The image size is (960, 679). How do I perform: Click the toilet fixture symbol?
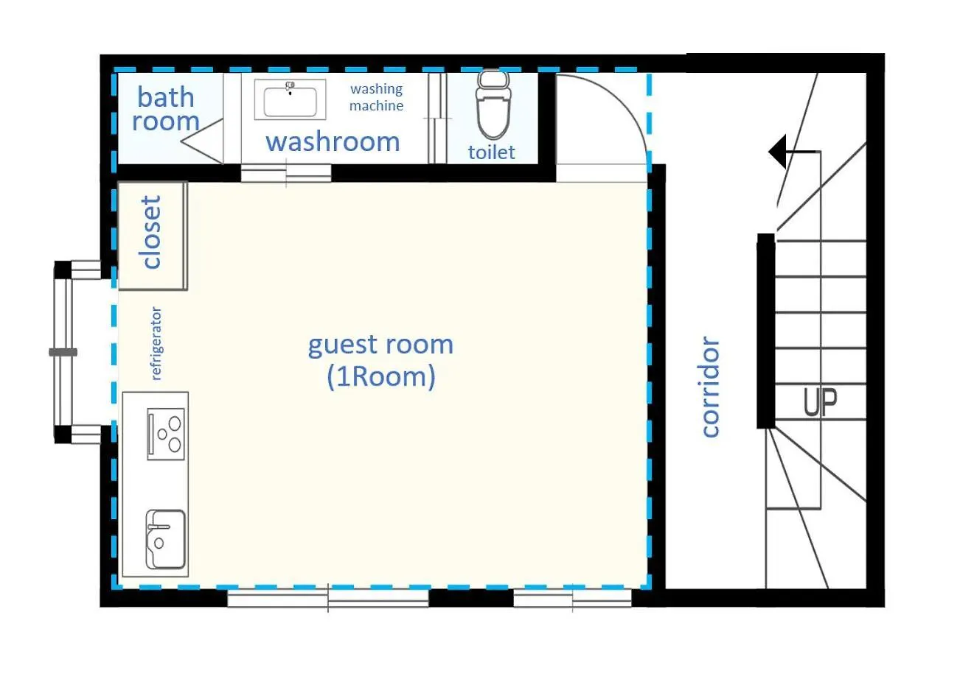494,105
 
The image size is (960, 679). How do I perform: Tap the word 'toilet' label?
492,152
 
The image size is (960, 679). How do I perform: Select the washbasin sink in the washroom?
291,99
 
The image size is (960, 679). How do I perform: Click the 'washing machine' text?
376,97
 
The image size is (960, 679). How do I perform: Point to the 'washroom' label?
333,141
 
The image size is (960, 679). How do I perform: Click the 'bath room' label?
165,109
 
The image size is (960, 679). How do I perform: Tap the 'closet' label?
150,233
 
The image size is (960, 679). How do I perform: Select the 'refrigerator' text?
156,343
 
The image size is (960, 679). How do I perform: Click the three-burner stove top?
166,434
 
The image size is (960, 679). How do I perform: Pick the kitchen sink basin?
165,539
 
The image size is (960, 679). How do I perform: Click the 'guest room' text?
380,345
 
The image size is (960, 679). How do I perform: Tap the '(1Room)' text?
381,377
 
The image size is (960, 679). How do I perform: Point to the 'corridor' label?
710,387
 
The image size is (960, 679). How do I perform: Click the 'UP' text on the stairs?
820,402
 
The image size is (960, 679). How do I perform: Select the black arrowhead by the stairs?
778,152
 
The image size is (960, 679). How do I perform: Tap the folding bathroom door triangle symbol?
201,141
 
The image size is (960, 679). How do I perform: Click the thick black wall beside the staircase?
766,331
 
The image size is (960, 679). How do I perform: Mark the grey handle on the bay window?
63,352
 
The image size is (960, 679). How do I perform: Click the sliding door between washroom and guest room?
286,173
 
